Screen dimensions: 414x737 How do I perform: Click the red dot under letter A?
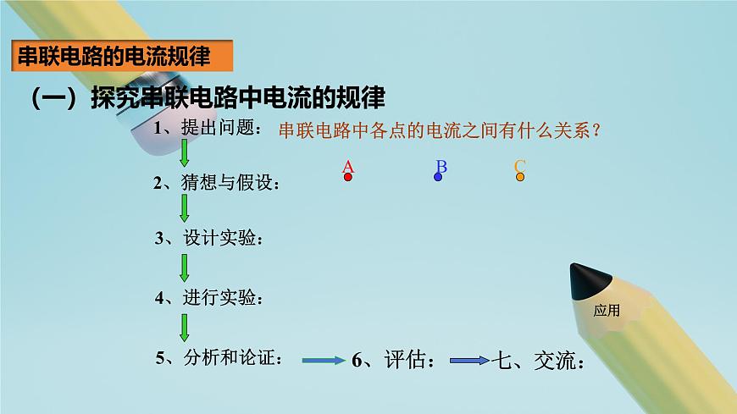tap(347, 178)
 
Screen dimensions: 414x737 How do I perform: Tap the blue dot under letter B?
tap(438, 177)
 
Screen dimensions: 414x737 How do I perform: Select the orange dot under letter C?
tap(520, 177)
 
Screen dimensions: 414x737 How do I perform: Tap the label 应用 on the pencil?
tap(607, 311)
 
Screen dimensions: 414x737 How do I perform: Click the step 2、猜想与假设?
tap(216, 183)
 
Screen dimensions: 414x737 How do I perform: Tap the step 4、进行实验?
tap(209, 297)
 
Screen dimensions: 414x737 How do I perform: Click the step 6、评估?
tap(394, 362)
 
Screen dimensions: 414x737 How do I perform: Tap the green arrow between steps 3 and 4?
tap(185, 268)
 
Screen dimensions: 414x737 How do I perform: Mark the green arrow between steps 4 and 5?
tap(185, 328)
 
